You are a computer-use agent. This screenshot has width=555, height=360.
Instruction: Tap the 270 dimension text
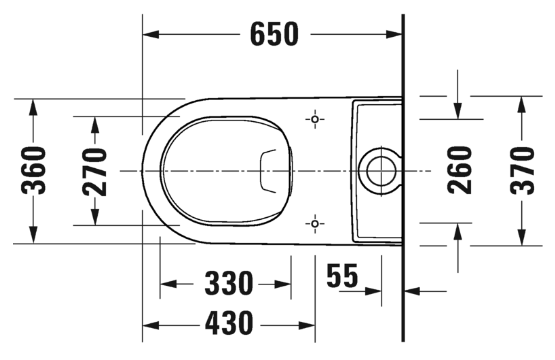click(x=94, y=171)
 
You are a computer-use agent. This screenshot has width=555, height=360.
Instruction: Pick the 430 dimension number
click(x=229, y=323)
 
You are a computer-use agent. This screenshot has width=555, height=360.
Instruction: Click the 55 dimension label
click(x=342, y=275)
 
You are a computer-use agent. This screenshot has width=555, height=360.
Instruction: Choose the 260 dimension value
click(x=459, y=171)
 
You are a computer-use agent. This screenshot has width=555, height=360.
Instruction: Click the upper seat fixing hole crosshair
click(x=316, y=120)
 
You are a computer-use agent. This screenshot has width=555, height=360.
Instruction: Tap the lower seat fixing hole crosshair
click(x=316, y=222)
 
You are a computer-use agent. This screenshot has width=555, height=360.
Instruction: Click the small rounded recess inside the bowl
click(x=271, y=171)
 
